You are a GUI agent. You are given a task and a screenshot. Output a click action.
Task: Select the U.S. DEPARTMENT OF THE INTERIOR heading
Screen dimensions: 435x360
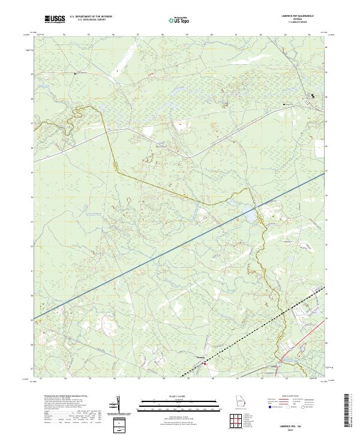(91, 17)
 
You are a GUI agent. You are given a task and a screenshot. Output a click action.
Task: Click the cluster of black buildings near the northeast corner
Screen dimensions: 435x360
(313, 96)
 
